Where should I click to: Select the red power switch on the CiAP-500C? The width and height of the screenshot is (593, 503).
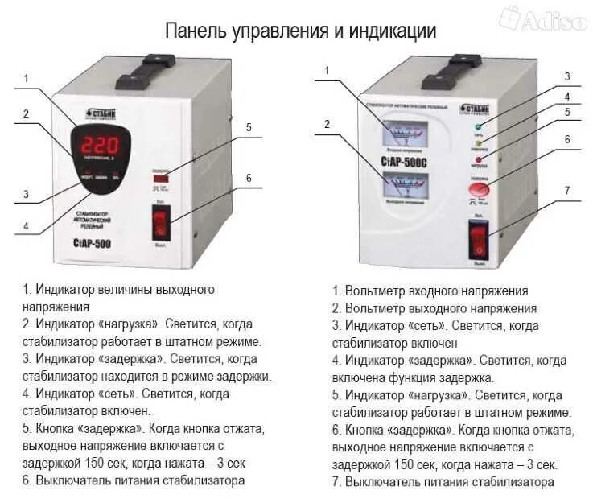click(x=480, y=241)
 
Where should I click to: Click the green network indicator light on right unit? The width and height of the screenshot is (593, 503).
click(x=478, y=127)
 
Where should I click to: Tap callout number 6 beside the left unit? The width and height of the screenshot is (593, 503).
click(x=249, y=177)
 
